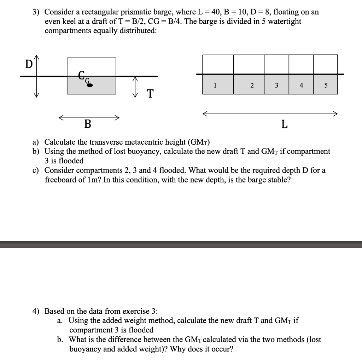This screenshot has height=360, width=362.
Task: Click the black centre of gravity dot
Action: (90, 85)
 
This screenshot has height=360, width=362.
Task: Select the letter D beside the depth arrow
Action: (28, 65)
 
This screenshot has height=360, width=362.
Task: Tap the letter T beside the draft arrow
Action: (150, 94)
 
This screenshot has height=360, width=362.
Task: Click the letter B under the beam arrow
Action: (87, 124)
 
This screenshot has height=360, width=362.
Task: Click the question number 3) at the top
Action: (36, 12)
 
